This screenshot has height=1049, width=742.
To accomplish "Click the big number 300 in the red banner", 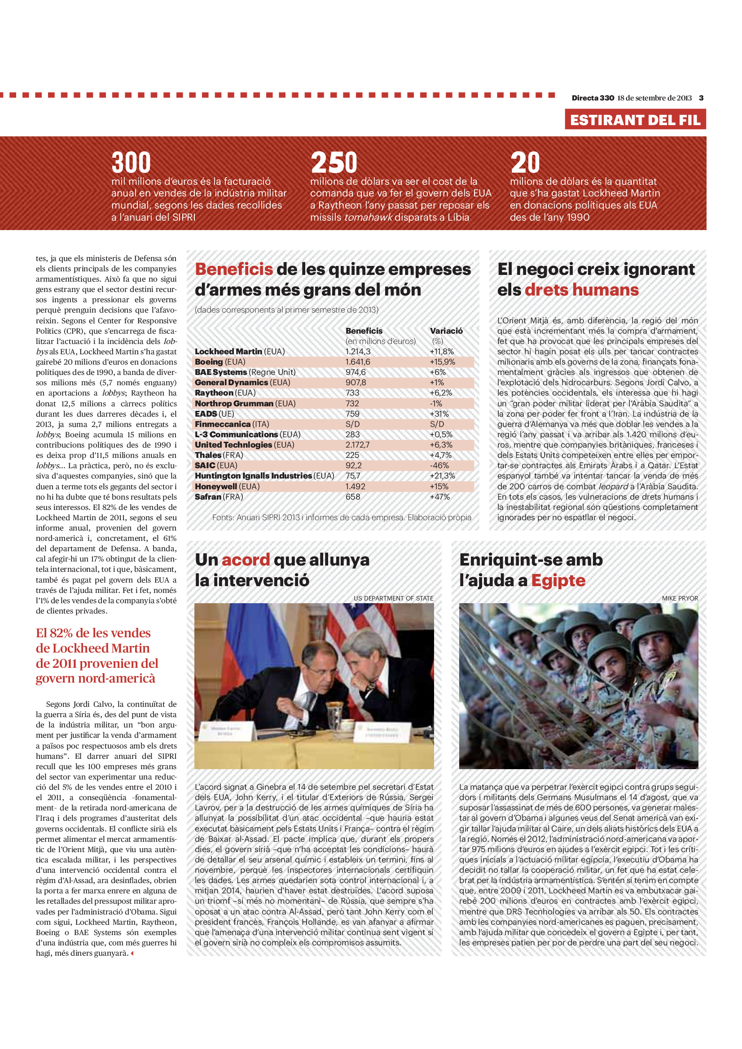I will pos(131,162).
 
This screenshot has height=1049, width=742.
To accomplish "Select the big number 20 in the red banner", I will pos(525,162).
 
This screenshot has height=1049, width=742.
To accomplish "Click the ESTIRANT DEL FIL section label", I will pos(635,120).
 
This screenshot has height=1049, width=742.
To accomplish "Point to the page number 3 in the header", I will pos(701,98).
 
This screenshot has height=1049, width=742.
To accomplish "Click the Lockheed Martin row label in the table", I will pos(228,351).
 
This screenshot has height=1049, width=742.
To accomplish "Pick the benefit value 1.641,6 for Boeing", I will pos(357,362).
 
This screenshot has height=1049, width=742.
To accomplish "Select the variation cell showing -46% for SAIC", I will pos(439,466).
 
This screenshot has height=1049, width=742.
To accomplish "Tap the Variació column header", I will pos(446,331).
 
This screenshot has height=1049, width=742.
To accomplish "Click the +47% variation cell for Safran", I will pos(439,496).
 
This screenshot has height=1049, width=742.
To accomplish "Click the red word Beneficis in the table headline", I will pos(233,269).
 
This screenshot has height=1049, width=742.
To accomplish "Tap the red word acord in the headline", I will pos(246,560).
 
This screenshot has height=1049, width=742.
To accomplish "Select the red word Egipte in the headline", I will pos(558,580).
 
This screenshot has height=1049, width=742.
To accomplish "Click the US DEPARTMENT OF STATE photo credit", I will pos(393,598).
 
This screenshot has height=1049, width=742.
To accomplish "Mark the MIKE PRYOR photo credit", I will pos(679,598).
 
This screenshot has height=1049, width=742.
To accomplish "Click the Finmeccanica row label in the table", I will pos(223,424).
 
